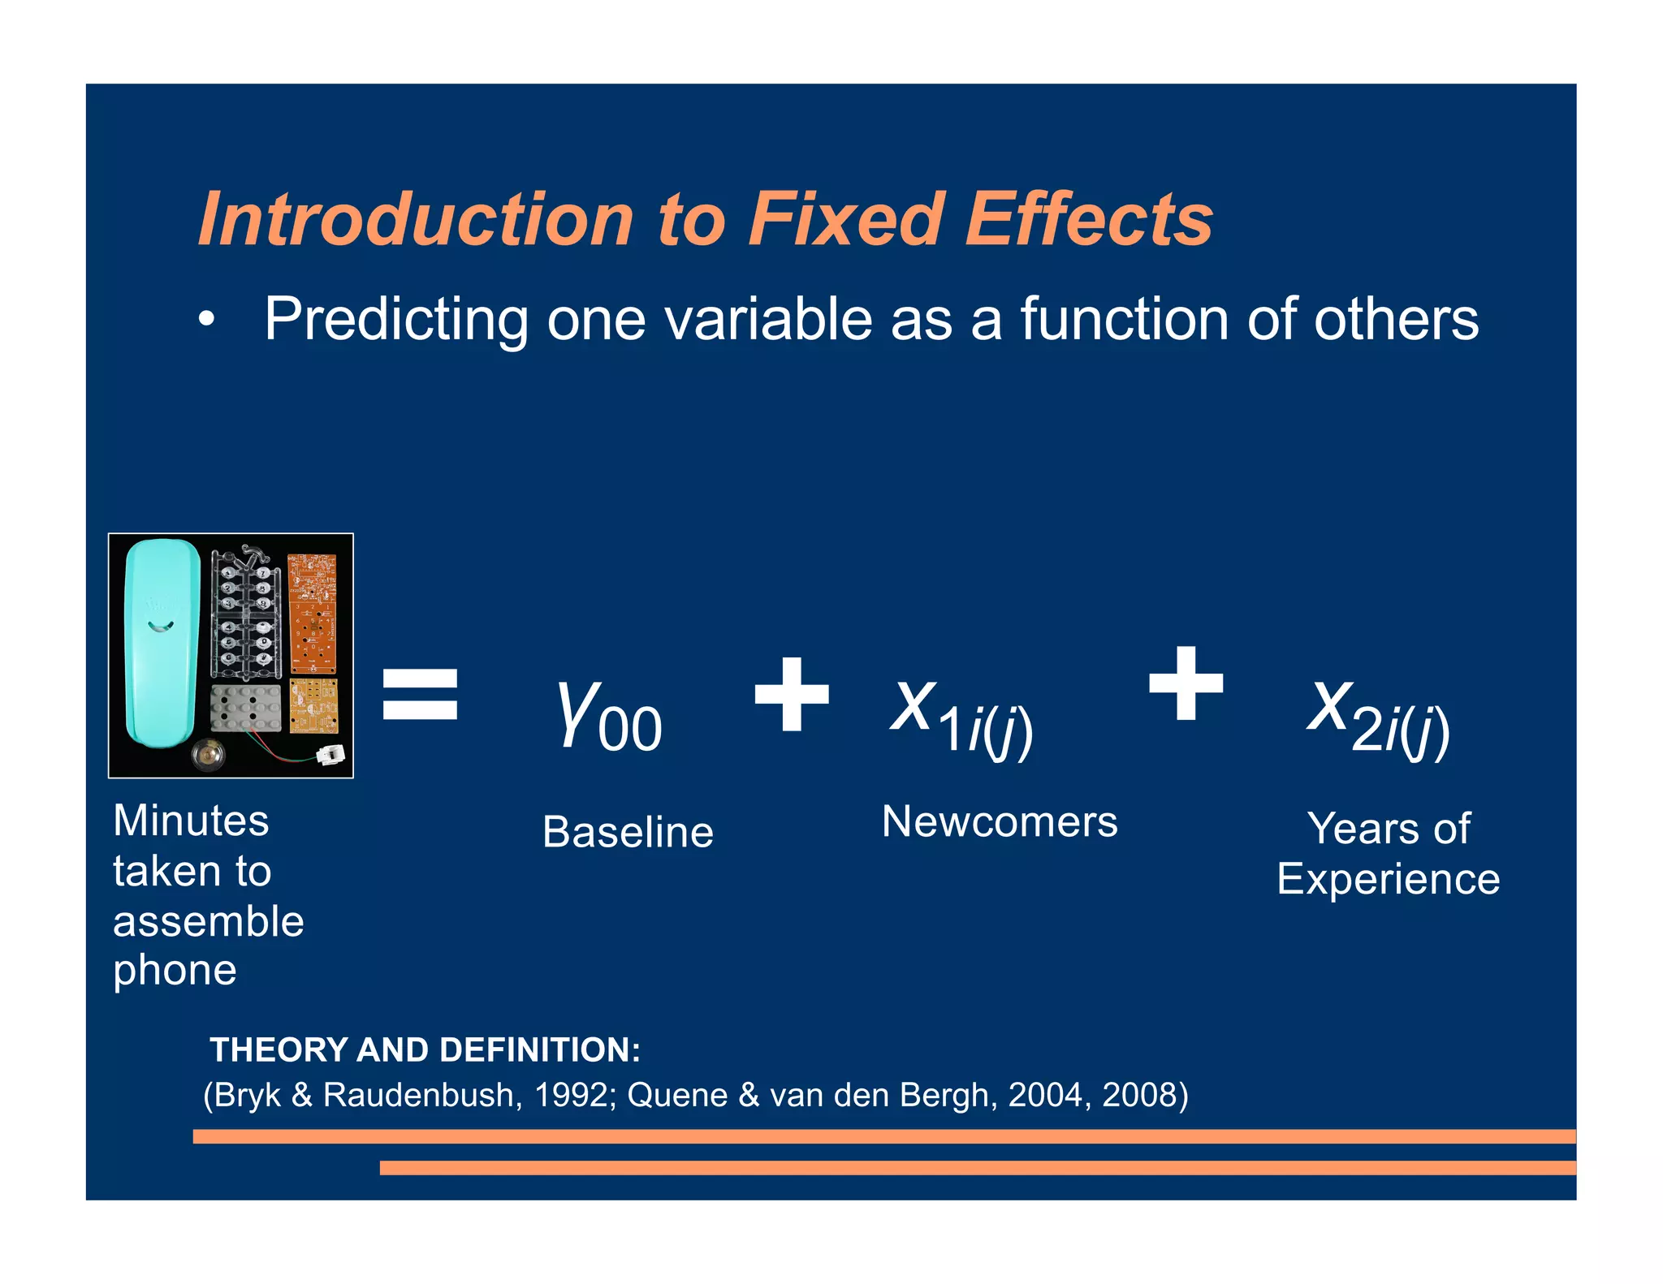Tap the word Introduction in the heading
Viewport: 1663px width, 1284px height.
[415, 219]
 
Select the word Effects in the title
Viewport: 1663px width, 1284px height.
[1089, 219]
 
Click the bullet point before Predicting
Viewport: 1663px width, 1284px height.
[207, 320]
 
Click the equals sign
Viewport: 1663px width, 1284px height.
[420, 694]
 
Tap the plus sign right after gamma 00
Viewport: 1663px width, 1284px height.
[792, 694]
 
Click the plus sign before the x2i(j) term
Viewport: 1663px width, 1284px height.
[1186, 683]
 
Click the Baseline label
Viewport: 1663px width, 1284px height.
[628, 832]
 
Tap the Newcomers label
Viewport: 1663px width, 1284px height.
[1000, 821]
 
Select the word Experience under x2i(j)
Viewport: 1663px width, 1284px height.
[1388, 879]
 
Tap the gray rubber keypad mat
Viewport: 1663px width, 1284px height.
[245, 707]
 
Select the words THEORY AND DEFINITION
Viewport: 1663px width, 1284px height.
[425, 1049]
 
